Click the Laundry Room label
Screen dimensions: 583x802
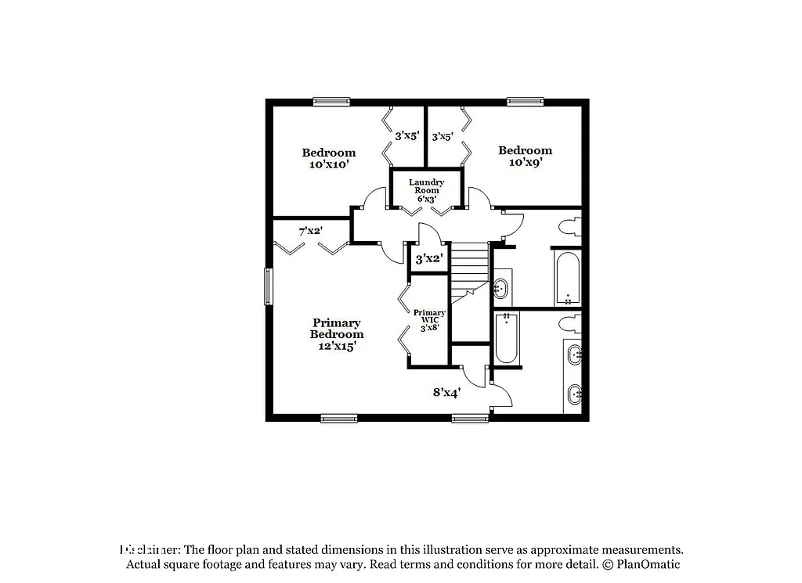[426, 190]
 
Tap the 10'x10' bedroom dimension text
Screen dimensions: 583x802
[328, 165]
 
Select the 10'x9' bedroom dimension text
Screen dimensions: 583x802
[525, 163]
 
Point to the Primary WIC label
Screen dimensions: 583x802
[429, 320]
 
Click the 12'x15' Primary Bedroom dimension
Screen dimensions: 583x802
[337, 346]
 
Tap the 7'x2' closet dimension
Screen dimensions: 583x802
[311, 232]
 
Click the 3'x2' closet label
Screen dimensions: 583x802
[429, 258]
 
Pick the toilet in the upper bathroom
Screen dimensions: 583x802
[569, 228]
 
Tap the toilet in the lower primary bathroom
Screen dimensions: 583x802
[569, 322]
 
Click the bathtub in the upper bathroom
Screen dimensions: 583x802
[567, 278]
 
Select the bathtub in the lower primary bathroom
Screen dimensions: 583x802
[507, 338]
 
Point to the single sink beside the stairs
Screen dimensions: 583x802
[500, 289]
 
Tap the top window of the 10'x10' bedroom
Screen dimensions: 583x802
[331, 102]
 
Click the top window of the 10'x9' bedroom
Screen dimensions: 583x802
[525, 102]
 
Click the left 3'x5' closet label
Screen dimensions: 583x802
[406, 136]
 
